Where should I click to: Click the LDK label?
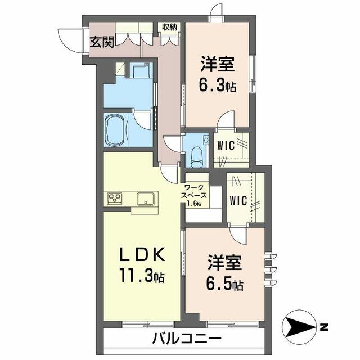(x=141, y=255)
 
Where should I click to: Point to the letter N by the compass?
(x=324, y=326)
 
